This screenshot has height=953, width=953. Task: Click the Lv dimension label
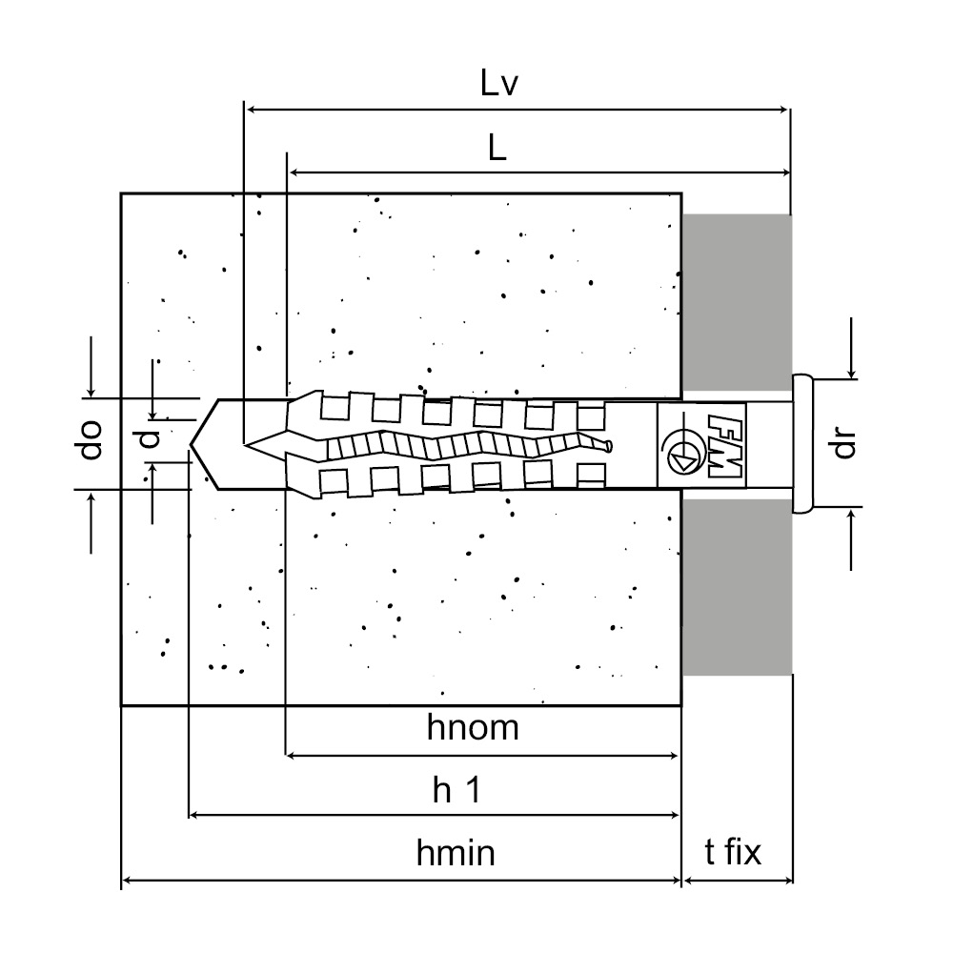(x=498, y=83)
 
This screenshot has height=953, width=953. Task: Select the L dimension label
(x=497, y=148)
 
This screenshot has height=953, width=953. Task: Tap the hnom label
(x=473, y=727)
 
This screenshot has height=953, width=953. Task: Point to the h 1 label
(x=456, y=789)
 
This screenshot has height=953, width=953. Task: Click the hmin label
(x=456, y=852)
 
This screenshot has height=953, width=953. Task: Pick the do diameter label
(x=91, y=439)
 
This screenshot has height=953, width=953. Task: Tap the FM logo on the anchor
(x=724, y=445)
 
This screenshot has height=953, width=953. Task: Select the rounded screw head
(x=802, y=444)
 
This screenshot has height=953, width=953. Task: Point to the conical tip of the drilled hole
(x=191, y=444)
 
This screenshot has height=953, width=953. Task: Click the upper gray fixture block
(x=737, y=302)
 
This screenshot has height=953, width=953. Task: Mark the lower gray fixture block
(x=737, y=586)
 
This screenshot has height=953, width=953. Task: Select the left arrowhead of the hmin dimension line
(x=128, y=880)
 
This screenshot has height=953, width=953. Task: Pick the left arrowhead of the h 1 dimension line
(x=194, y=815)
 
